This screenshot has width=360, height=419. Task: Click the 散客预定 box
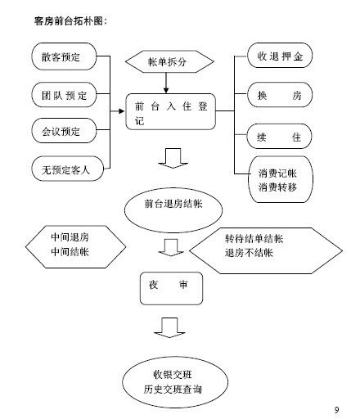64,56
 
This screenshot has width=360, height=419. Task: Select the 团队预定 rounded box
64,95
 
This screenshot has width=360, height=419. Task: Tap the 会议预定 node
64,130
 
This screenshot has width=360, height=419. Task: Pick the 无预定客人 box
68,169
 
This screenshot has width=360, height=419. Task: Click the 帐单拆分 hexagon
169,61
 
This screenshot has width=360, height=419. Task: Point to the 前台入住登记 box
170,111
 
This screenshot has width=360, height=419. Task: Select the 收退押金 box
280,56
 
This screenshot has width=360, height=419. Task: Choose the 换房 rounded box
280,95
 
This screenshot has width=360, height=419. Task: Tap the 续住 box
279,136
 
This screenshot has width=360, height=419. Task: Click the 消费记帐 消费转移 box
281,179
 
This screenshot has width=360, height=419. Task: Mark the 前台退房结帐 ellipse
173,210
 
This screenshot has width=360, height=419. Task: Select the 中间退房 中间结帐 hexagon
76,247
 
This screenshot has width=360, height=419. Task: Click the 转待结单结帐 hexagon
266,250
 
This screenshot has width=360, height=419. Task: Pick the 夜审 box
171,288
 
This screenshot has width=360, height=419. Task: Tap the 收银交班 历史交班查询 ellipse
175,382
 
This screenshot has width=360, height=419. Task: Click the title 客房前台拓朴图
71,21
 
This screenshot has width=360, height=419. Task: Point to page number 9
337,410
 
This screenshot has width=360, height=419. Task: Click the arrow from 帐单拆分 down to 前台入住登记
166,83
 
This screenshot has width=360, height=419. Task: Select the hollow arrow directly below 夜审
169,327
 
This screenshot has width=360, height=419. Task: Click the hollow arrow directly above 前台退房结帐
173,158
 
